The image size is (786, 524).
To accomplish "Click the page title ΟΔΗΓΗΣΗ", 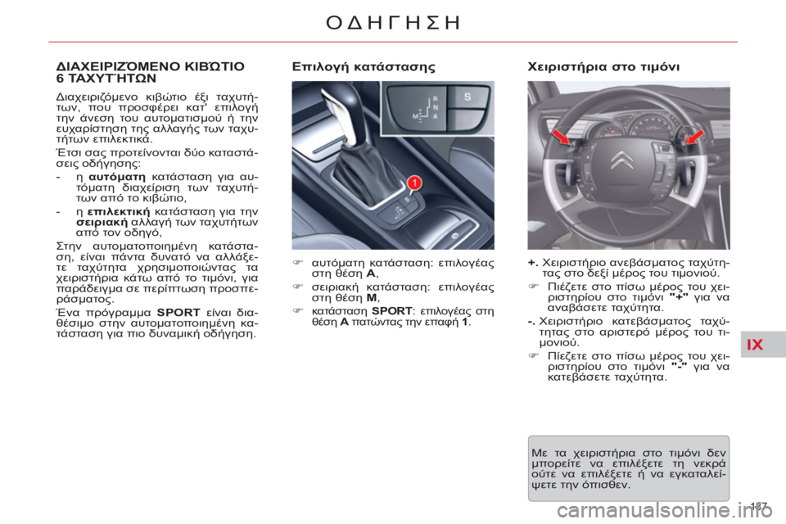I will (x=391, y=21).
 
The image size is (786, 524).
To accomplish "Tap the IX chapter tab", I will (x=755, y=345).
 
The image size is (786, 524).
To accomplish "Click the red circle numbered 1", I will (x=415, y=183).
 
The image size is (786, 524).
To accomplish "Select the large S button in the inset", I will (x=468, y=97).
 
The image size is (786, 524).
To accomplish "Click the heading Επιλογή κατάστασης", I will (x=361, y=66).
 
